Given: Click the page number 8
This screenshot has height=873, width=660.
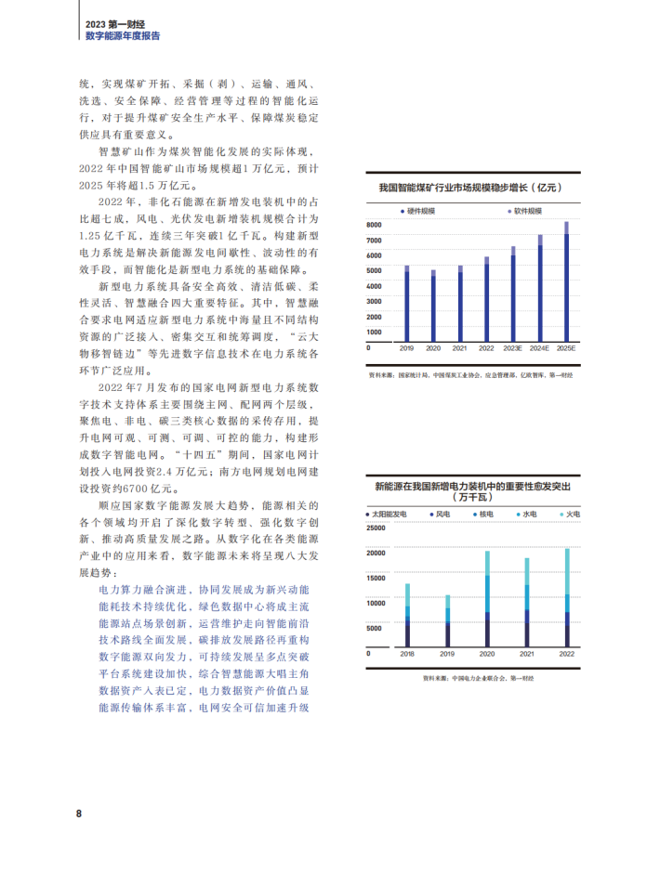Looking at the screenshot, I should [79, 814].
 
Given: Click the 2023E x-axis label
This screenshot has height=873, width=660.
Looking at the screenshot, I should [512, 348].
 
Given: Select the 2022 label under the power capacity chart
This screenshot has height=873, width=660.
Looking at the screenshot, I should [567, 655].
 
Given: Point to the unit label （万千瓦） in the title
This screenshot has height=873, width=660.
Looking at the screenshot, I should [472, 497].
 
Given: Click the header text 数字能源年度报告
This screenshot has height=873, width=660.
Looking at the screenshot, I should [122, 34].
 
